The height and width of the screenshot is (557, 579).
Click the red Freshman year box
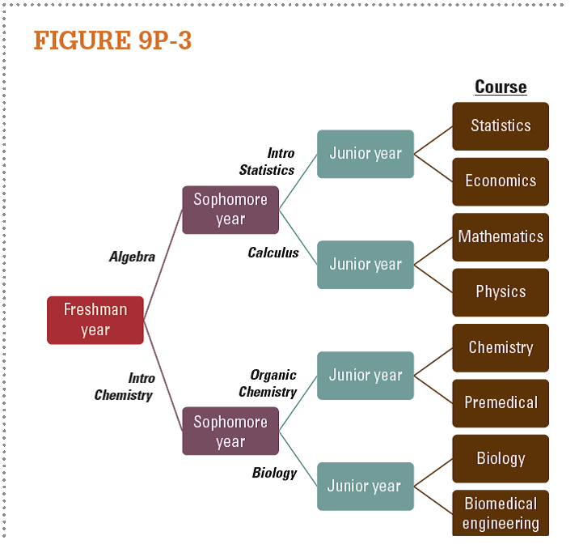tap(95, 320)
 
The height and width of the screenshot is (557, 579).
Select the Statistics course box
tap(501, 126)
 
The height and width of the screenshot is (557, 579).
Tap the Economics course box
tap(501, 181)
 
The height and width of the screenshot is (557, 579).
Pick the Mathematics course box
tap(501, 237)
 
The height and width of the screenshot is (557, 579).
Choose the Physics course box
tap(501, 292)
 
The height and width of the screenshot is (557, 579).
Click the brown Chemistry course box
tap(501, 348)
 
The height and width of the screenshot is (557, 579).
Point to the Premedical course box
tap(501, 403)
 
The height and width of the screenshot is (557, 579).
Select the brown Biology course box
tap(501, 459)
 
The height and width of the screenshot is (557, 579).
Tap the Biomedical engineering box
tap(501, 513)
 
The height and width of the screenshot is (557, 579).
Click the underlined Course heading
tap(501, 87)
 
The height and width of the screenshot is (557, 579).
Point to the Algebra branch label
tap(132, 257)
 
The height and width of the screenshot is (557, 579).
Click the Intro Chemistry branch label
tap(124, 387)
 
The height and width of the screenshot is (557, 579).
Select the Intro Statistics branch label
tap(267, 162)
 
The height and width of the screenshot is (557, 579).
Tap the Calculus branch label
tap(273, 253)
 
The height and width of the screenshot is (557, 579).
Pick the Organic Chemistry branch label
tap(268, 384)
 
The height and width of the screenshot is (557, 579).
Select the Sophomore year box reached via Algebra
tap(230, 210)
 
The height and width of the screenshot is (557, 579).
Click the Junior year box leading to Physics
tap(366, 265)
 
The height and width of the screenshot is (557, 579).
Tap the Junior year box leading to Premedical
tap(366, 376)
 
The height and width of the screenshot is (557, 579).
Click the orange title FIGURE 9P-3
tap(112, 40)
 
